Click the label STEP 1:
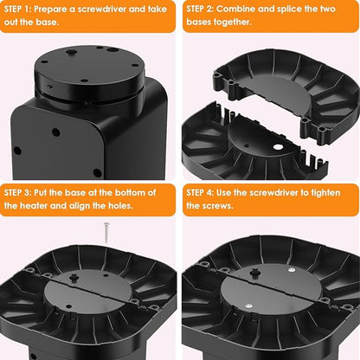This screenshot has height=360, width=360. coord(17,10)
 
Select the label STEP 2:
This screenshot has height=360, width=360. coord(200,10)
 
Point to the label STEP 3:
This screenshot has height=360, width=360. coord(17,193)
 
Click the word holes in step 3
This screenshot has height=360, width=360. coord(120,206)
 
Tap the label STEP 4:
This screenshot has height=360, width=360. coord(200,193)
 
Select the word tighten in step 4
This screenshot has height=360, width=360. coord(325,193)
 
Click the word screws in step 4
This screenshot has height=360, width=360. coord(218,206)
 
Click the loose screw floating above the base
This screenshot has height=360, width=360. coord(106,233)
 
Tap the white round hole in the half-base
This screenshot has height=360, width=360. coord(278,147)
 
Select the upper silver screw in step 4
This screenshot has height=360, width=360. coord(292,270)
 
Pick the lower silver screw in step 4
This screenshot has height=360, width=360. coord(248,305)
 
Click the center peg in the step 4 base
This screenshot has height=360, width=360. coord(255,273)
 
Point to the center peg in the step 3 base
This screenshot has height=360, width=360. coord(74,277)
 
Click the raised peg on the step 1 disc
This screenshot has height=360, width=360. coord(70,52)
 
